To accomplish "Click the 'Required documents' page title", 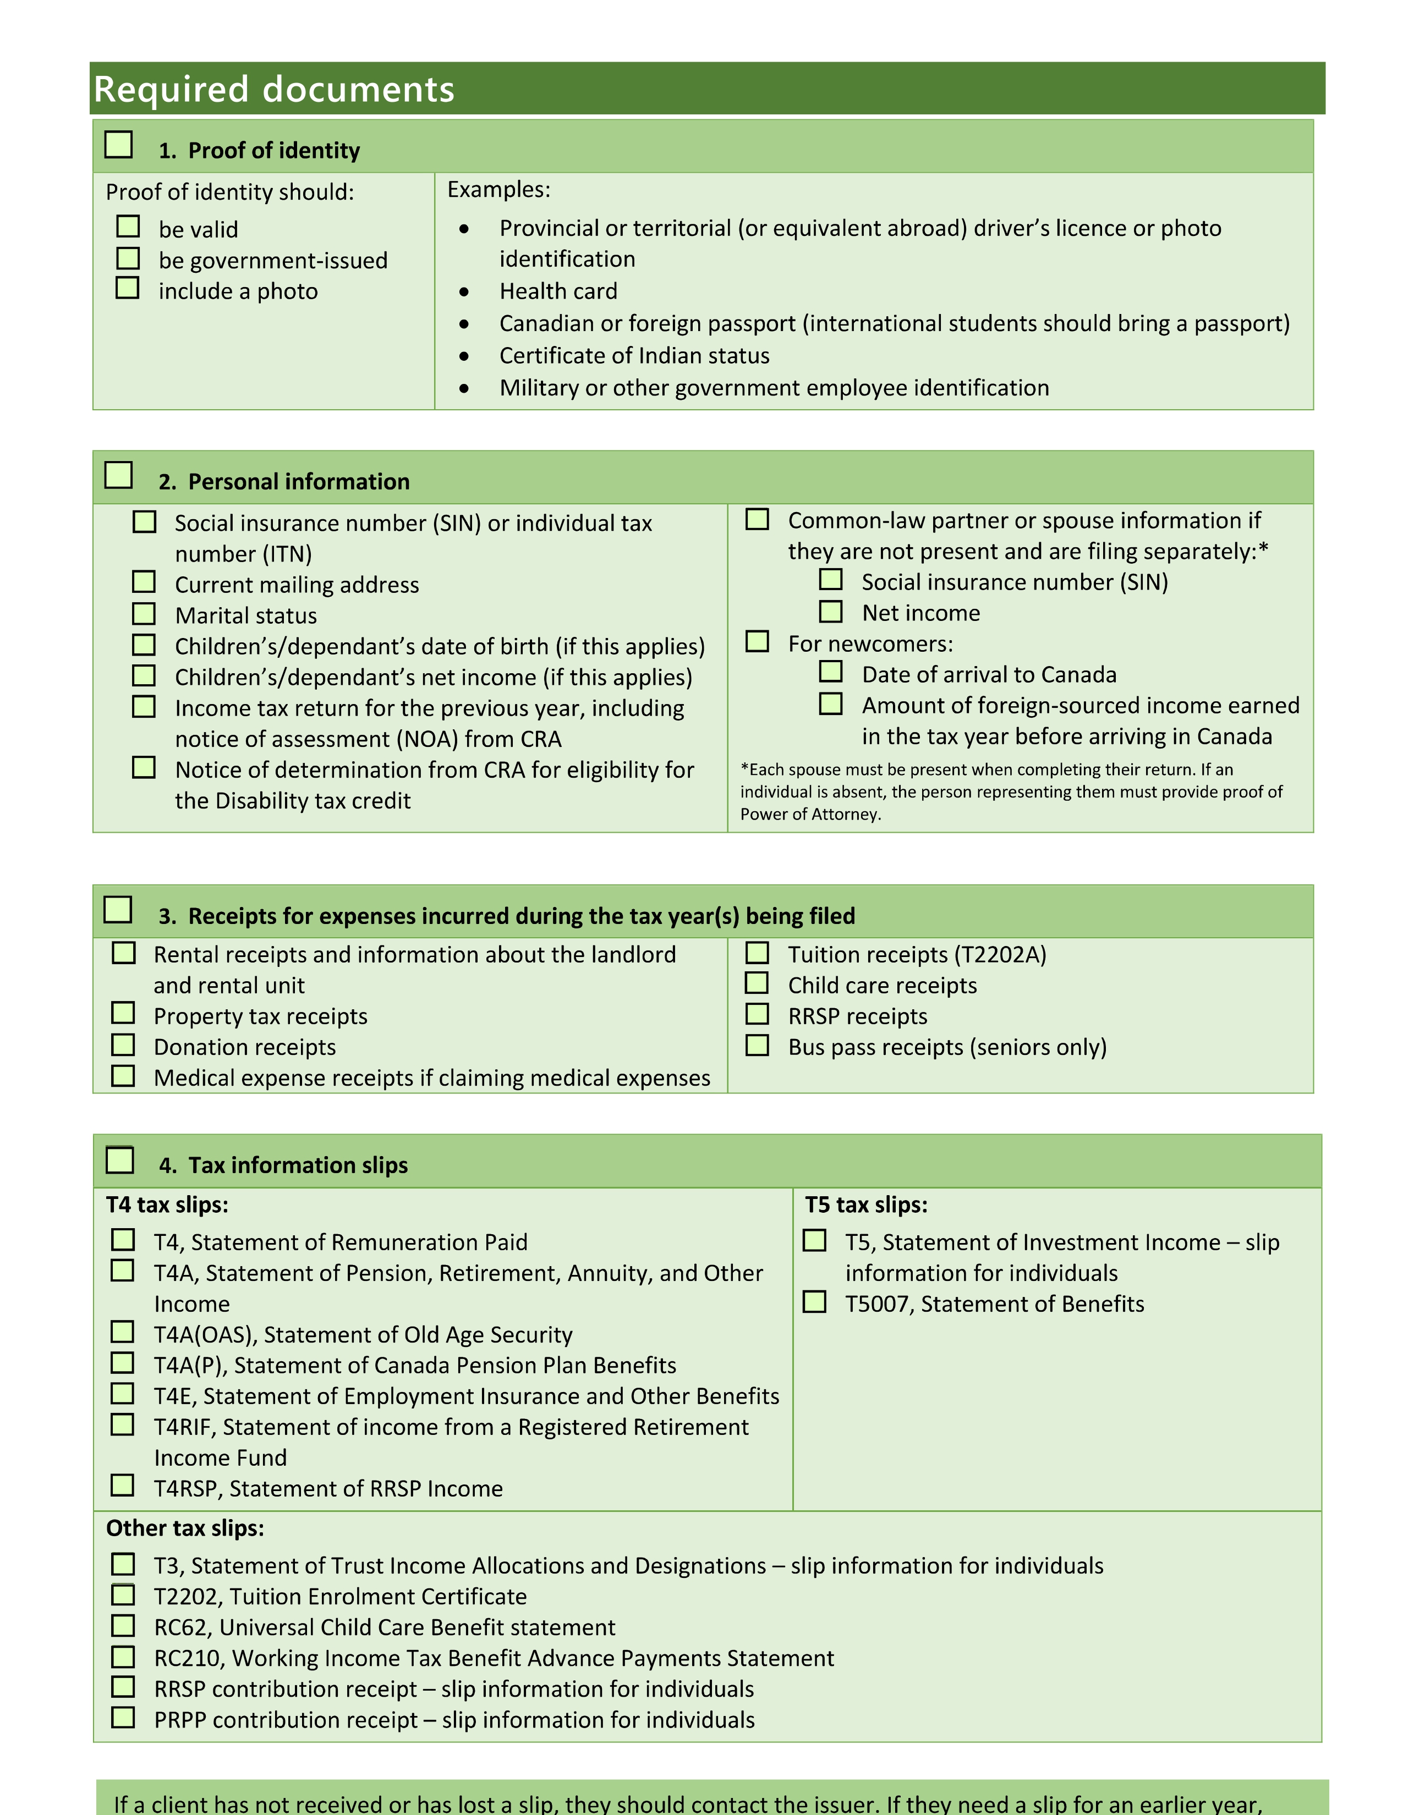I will tap(275, 89).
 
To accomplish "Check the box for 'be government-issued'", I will tap(128, 258).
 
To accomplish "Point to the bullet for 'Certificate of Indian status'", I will tap(464, 356).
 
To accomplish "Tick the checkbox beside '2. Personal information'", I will tap(119, 475).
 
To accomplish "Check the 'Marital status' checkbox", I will tap(144, 614).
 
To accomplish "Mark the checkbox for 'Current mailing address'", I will tap(144, 582).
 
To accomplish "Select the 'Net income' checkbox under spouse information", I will tap(830, 612).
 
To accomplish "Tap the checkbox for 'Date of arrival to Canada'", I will tap(830, 672).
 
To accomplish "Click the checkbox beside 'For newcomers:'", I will tap(757, 641).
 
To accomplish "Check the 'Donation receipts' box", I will tap(123, 1044).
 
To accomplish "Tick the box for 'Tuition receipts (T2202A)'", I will tap(757, 953).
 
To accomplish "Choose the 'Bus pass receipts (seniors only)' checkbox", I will tap(757, 1044).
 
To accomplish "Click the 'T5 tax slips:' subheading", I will tap(866, 1205).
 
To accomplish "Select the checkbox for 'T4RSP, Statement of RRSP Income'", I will tap(122, 1486).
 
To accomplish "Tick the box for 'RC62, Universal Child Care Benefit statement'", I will tap(123, 1625).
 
